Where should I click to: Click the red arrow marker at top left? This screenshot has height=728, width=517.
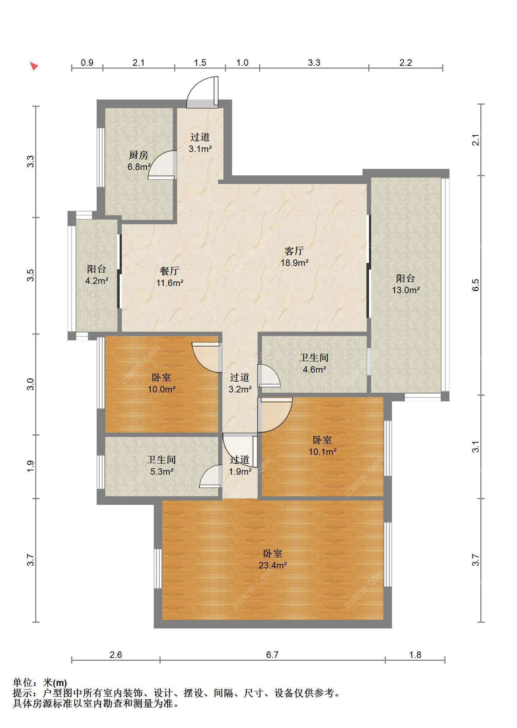click(x=34, y=66)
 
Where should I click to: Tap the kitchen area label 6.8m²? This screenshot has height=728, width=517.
click(x=139, y=167)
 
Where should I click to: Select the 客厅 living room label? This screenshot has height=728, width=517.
click(x=294, y=251)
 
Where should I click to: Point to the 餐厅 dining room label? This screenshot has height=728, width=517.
click(x=169, y=271)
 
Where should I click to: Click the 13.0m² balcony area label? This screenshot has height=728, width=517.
click(x=406, y=290)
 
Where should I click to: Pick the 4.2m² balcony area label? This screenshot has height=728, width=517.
click(x=97, y=281)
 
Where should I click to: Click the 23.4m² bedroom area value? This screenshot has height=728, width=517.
click(x=273, y=565)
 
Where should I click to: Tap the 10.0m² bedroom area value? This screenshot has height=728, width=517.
click(x=162, y=389)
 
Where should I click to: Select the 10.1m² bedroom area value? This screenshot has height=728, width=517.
click(x=323, y=452)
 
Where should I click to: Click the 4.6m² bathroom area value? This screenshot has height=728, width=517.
click(x=314, y=369)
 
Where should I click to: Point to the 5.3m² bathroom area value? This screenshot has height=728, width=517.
click(x=162, y=471)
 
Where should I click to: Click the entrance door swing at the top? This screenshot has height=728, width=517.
click(x=202, y=92)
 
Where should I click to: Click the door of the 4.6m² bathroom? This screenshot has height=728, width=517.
click(x=269, y=376)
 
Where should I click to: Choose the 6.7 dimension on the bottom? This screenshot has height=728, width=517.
click(x=272, y=655)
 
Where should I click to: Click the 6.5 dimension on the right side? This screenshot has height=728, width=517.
click(x=476, y=285)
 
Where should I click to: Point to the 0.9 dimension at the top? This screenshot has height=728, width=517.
click(x=87, y=63)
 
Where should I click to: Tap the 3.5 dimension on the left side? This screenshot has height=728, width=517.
click(x=31, y=275)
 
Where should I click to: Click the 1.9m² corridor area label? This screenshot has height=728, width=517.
click(x=240, y=471)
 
